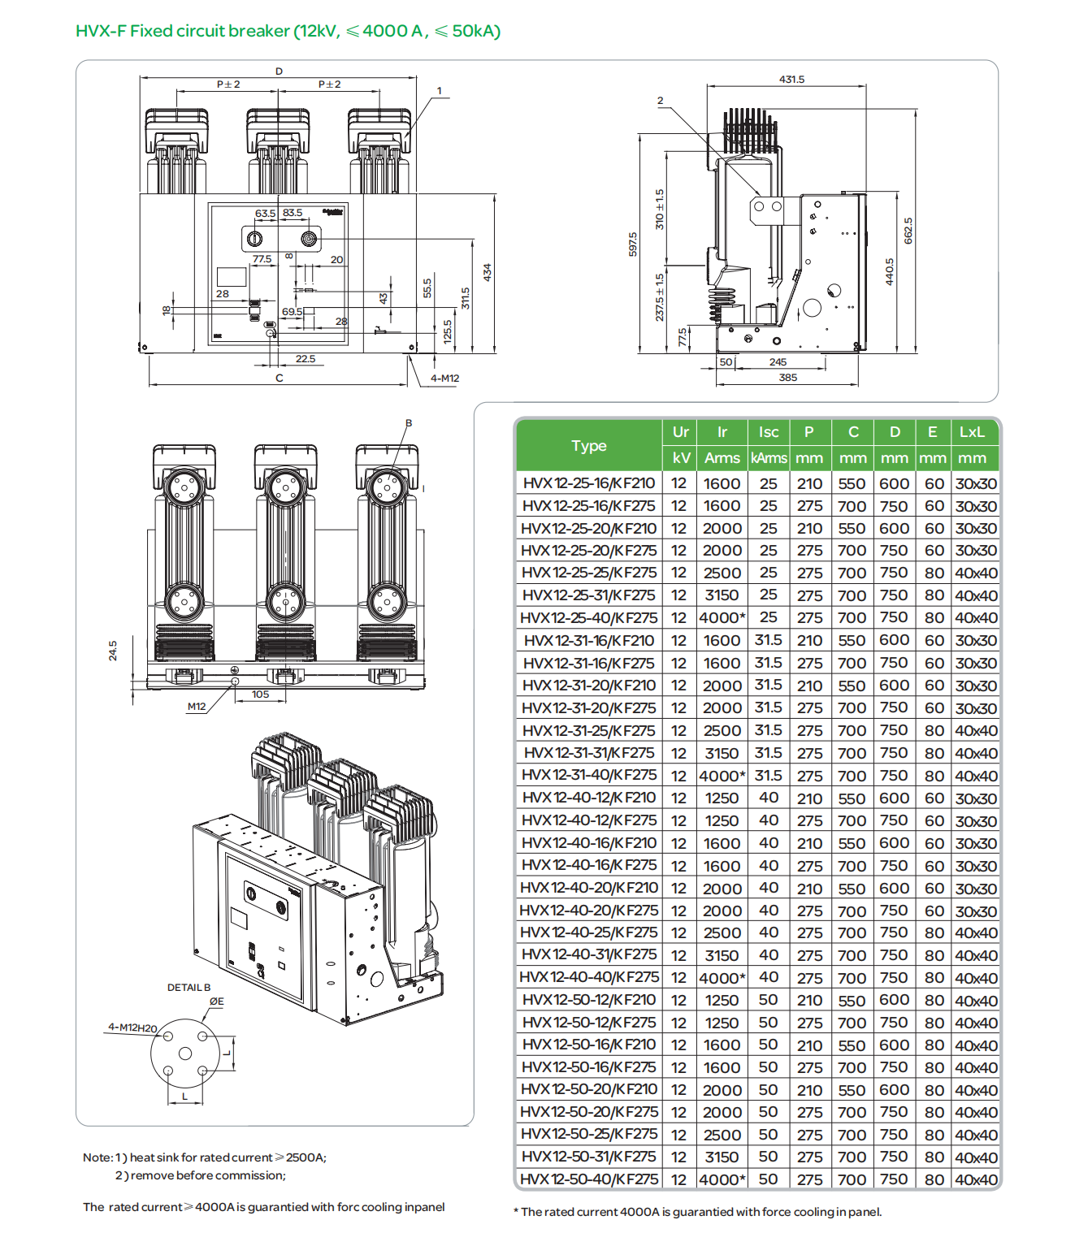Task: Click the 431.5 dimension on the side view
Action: (791, 80)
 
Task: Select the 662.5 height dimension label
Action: (908, 231)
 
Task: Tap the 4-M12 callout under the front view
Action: (444, 379)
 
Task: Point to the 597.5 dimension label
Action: (633, 244)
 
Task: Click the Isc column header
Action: (768, 432)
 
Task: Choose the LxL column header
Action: (972, 432)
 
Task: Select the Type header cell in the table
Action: (589, 445)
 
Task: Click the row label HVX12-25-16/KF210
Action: (589, 483)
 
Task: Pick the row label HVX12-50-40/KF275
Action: (589, 1179)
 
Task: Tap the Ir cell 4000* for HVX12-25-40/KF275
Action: (722, 618)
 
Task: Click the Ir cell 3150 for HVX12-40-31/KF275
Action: (722, 956)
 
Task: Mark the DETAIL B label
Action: (189, 988)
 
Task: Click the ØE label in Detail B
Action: (216, 1002)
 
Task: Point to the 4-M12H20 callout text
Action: (132, 1028)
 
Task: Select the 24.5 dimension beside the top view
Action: (113, 650)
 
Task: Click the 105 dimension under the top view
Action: (260, 694)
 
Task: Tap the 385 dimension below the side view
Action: (787, 378)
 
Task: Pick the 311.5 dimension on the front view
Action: (466, 298)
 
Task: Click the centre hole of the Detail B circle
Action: (185, 1053)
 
